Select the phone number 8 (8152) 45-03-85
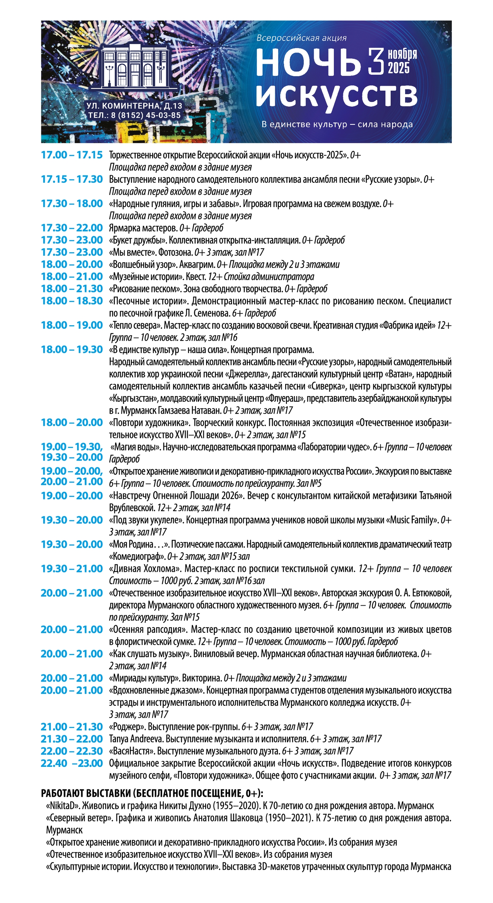(146, 115)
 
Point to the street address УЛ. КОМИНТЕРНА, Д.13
(134, 105)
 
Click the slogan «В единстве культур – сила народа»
(337, 124)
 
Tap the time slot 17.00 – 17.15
(72, 155)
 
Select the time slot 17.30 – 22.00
(72, 228)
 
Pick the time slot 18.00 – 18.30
(72, 301)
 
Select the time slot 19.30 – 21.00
(72, 569)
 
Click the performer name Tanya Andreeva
(136, 739)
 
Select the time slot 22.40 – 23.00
(72, 763)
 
